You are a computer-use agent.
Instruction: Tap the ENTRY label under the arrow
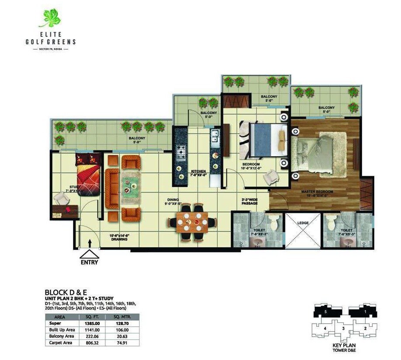tap(89, 262)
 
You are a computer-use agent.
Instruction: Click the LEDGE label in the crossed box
tap(303, 223)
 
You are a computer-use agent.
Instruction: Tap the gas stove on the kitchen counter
tap(181, 152)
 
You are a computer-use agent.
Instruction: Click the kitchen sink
tap(215, 139)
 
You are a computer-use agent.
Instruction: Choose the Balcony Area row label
tap(60, 337)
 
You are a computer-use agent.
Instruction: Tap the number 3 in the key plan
tap(343, 328)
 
